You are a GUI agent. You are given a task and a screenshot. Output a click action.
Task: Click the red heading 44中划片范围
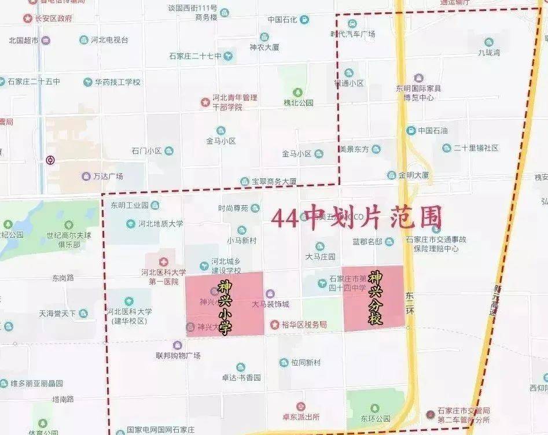(x=356, y=217)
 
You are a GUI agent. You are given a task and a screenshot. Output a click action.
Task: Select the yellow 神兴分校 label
(x=376, y=297)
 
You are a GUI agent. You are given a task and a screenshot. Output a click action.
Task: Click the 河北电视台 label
(x=109, y=40)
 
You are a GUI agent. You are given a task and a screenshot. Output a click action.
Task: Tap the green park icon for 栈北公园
(x=298, y=92)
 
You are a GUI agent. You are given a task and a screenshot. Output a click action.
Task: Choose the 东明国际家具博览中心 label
(x=418, y=93)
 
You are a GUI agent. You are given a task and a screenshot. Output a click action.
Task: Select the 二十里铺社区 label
(x=476, y=148)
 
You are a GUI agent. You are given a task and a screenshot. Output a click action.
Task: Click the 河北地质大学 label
(x=160, y=223)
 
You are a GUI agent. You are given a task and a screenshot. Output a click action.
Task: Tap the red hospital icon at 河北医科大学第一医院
(x=164, y=261)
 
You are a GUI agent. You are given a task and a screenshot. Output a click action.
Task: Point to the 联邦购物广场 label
(x=178, y=355)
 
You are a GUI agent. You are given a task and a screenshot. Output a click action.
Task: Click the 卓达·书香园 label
(x=241, y=377)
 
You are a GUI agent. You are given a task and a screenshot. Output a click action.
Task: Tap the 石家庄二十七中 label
(x=195, y=56)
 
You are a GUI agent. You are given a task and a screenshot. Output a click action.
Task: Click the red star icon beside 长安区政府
(x=28, y=19)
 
